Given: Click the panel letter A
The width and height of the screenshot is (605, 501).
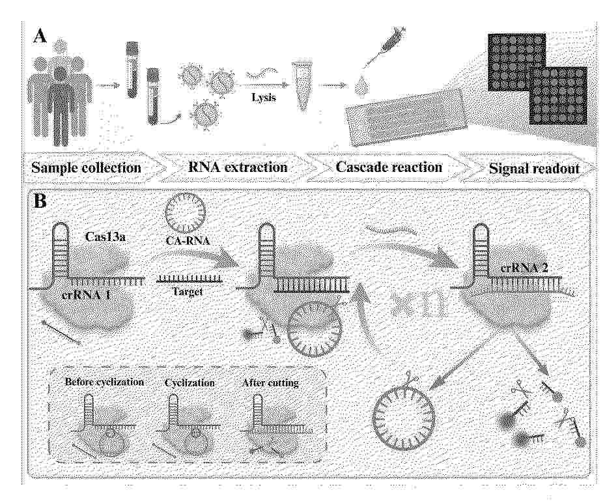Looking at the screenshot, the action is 40,37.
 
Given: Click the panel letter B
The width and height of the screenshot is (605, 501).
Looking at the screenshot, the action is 40,201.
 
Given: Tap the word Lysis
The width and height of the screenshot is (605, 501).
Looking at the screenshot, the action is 264,97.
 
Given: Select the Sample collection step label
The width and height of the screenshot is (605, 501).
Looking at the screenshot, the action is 87,168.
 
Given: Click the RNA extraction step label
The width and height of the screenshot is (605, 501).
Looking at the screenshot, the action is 238,167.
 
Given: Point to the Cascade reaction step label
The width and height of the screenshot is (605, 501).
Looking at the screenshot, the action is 389,167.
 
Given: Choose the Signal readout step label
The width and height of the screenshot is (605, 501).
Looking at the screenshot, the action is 535,169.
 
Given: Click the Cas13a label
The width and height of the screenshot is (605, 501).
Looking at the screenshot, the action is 105,236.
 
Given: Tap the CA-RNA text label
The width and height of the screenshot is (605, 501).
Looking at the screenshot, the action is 188,241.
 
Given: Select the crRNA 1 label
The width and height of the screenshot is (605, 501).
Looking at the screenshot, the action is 86,295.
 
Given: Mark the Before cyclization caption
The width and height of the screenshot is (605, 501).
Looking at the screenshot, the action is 104,382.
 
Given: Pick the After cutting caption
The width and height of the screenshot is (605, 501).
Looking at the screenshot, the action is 270,383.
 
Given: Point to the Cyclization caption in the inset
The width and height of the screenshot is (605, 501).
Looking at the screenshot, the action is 190,383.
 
